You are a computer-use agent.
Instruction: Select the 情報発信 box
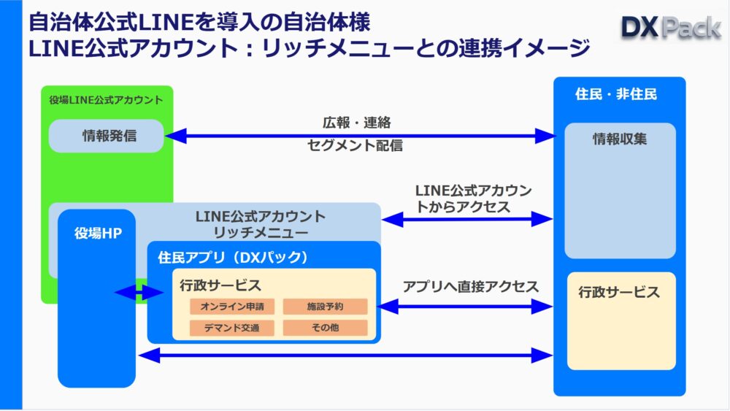(x=107, y=136)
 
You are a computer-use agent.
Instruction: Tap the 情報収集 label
(x=619, y=139)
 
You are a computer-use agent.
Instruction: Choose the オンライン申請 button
(x=231, y=307)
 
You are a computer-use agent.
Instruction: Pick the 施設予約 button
(x=325, y=307)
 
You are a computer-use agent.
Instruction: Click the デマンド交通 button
(x=231, y=328)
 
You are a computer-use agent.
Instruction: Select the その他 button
(x=325, y=328)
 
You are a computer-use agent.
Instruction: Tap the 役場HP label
(x=98, y=234)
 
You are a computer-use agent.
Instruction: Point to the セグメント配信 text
(x=355, y=146)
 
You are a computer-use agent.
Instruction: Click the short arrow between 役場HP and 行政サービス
(x=139, y=293)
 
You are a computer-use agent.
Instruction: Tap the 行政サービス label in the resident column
(x=619, y=293)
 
